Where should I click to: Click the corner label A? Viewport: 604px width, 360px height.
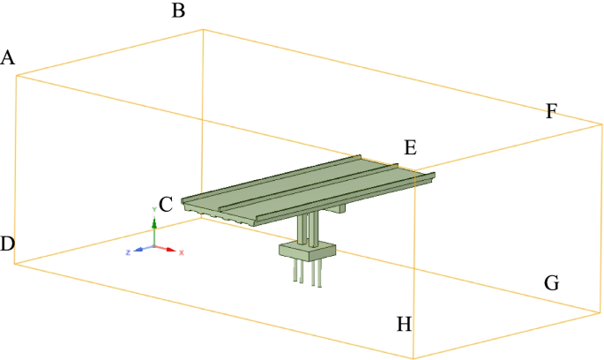9,58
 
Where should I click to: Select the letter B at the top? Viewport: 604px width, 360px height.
178,11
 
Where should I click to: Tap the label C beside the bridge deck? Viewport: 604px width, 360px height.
165,205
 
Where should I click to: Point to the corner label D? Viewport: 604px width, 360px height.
7,244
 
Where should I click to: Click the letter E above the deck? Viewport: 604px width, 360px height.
409,147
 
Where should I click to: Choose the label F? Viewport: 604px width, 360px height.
552,111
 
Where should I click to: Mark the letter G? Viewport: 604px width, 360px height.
552,283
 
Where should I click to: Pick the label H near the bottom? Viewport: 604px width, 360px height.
404,324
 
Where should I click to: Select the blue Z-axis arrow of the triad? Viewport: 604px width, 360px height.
139,249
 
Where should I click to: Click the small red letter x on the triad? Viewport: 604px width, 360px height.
181,252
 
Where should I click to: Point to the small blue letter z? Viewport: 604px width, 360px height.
128,252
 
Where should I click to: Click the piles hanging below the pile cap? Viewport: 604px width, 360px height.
304,274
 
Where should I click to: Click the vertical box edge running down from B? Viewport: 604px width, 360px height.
204,124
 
